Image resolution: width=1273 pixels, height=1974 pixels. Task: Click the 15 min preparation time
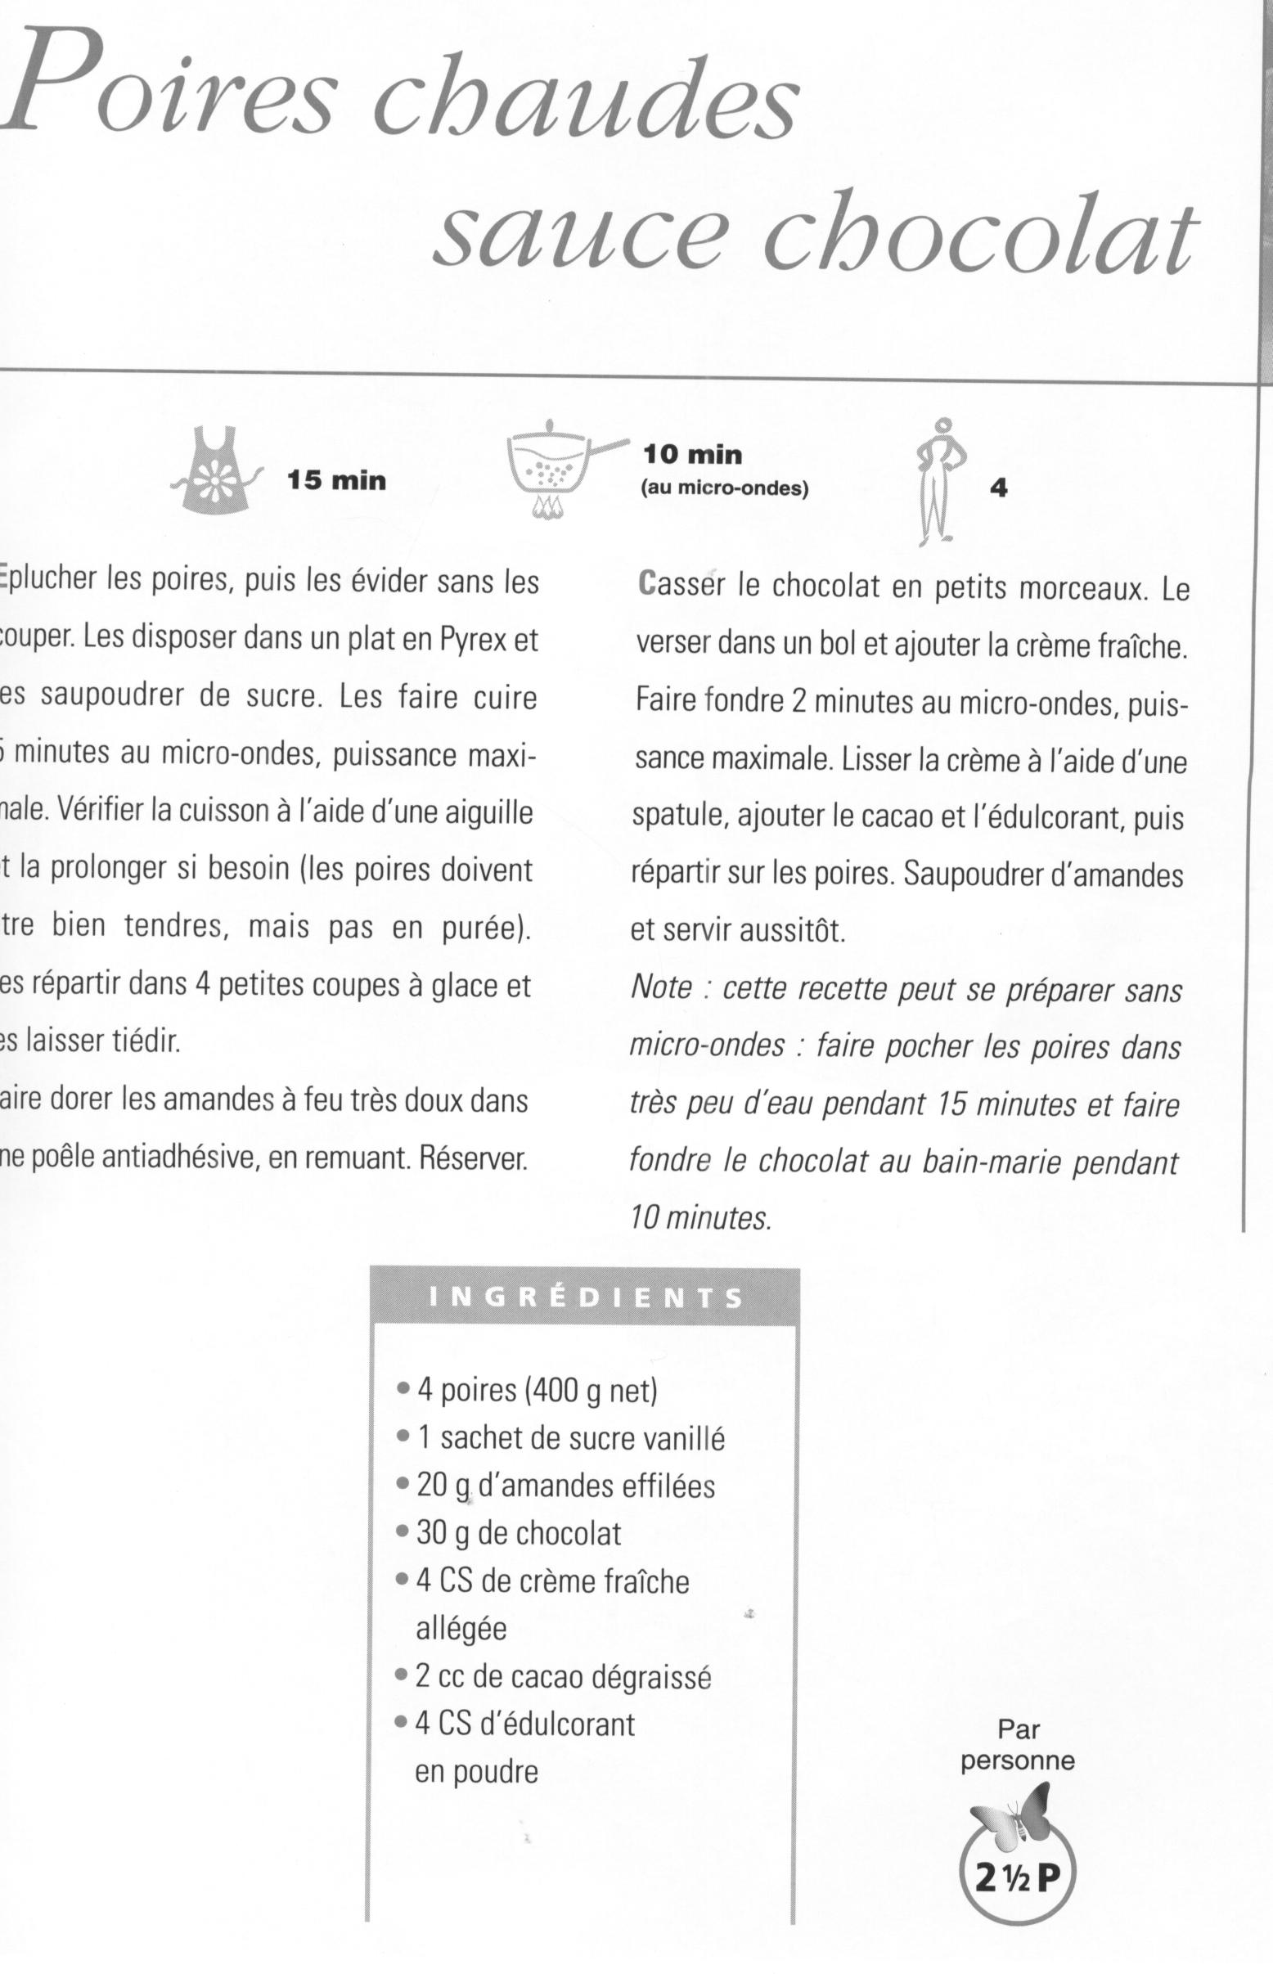point(336,480)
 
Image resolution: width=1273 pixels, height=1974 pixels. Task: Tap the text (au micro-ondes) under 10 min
point(725,488)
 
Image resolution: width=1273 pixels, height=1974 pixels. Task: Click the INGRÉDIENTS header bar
point(585,1297)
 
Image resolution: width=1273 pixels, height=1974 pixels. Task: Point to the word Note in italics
point(661,989)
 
